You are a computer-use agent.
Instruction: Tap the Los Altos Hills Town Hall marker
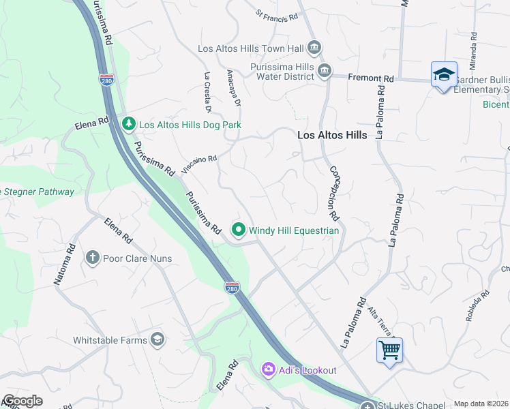[314, 48]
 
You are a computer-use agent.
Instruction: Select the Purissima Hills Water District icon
[325, 70]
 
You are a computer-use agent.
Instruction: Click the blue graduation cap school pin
[444, 75]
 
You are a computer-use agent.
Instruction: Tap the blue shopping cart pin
[389, 350]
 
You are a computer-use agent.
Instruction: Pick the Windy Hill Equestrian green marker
[239, 230]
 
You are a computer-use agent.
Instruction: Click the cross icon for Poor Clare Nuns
[93, 258]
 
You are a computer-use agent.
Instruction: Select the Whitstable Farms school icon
[157, 339]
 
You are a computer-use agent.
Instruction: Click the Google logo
[22, 401]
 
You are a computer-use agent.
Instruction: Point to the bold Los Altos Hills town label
[332, 135]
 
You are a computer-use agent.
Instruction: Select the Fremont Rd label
[371, 79]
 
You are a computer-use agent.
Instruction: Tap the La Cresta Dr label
[207, 91]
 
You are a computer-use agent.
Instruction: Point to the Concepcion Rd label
[334, 193]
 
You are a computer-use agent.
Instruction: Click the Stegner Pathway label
[37, 192]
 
